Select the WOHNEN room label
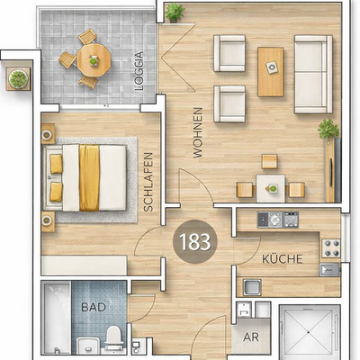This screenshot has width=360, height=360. point(197,133)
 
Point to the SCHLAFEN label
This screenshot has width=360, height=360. point(148,181)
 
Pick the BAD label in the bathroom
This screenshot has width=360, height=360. point(94,307)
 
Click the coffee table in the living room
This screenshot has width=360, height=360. point(270,71)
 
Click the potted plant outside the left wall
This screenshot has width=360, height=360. point(17,79)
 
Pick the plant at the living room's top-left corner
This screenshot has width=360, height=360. point(175,12)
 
